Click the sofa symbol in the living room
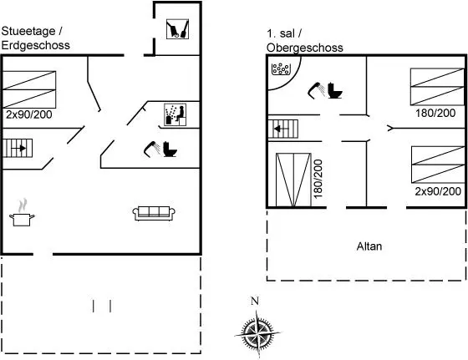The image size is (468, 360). pos(154,214)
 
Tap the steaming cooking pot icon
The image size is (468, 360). pos(22,213)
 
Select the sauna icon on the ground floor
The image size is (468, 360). pos(175,114)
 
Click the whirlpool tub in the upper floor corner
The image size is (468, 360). pos(281,68)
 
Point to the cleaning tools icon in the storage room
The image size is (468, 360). pos(177,29)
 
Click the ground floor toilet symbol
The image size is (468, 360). pos(170,150)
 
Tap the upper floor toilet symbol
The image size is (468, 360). pos(335,90)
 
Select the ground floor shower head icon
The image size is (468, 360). pos(151,149)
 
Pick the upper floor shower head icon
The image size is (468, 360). pos(316,90)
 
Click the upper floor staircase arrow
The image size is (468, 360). pos(282,129)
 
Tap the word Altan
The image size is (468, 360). pos(369,246)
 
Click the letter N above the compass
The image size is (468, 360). pos(255,301)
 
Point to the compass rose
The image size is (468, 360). pos(257,333)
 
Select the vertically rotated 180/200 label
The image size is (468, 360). pos(318,179)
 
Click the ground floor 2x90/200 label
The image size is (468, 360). pos(29,114)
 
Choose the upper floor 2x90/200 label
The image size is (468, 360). pos(438,191)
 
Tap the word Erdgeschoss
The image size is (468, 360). pos(35,45)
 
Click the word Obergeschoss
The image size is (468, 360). pos(305,48)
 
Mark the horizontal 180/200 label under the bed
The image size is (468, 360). pos(435,113)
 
